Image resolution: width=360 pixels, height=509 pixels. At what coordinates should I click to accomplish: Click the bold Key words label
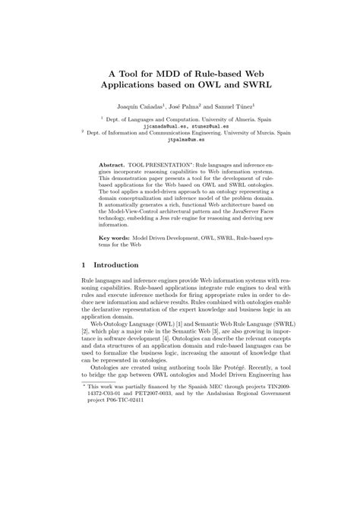pyautogui.click(x=117, y=238)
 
